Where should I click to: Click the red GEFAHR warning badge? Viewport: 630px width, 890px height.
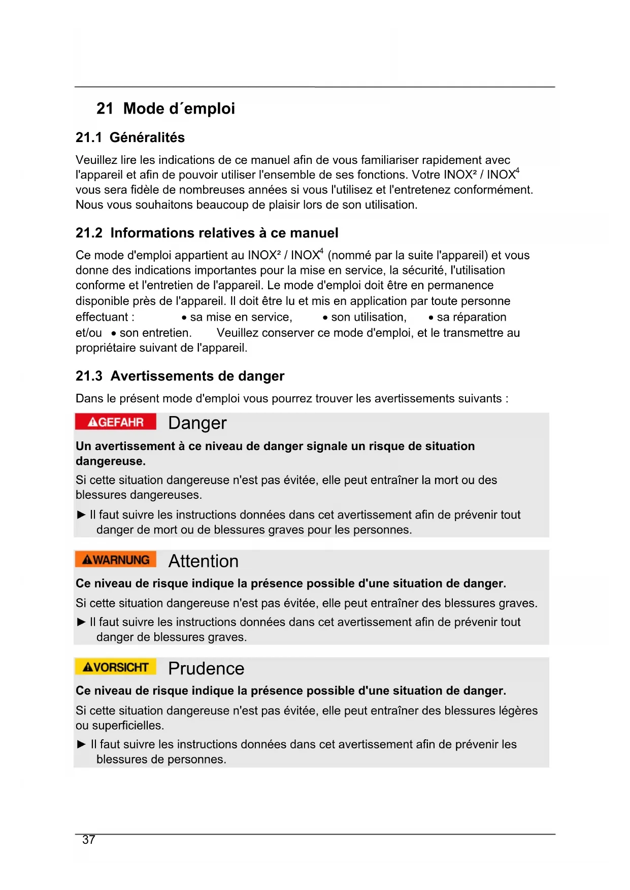tap(115, 422)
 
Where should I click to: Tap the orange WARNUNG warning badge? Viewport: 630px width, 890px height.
tap(115, 560)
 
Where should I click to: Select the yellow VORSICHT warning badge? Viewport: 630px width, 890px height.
tap(115, 667)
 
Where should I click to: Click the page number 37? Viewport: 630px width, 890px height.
tap(89, 840)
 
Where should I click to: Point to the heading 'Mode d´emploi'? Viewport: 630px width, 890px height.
tap(179, 109)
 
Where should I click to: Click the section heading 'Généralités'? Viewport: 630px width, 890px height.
tap(147, 138)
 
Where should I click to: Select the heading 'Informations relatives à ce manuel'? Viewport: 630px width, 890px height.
tap(224, 233)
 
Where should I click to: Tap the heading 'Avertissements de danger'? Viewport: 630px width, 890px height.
tap(197, 376)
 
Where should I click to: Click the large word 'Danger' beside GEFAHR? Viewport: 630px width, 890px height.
tap(197, 423)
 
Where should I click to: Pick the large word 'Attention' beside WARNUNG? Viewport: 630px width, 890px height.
tap(203, 561)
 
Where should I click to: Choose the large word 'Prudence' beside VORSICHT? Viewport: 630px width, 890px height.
tap(206, 669)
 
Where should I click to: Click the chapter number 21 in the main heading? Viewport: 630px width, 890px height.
tap(105, 109)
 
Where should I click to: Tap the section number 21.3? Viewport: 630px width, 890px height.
tap(89, 376)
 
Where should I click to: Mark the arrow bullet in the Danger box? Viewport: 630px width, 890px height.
tap(81, 515)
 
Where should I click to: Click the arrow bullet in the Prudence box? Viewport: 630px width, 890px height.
tap(81, 744)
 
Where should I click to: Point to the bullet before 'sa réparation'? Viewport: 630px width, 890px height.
tap(431, 318)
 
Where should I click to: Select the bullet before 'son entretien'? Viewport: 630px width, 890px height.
tap(114, 334)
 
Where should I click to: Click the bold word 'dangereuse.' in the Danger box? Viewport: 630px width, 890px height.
tap(111, 461)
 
